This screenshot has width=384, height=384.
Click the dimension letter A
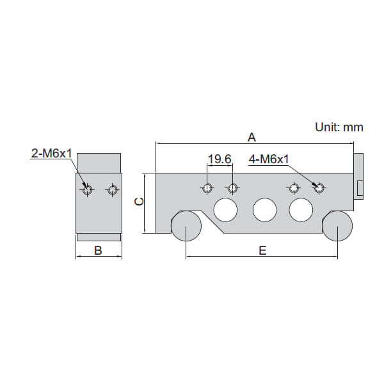252,137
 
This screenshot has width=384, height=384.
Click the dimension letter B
98,250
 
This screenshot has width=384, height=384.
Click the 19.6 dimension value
220,159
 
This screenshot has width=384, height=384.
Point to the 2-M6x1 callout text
51,154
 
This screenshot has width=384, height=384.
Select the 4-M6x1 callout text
269,159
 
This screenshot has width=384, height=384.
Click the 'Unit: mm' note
339,127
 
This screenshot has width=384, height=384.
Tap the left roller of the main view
186,227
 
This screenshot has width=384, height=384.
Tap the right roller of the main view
337,227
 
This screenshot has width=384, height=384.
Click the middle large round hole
264,209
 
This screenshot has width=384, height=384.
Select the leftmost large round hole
225,209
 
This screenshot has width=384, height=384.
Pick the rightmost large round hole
301,209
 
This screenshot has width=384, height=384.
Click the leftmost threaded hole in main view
207,188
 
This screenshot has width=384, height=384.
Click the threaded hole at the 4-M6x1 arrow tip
318,188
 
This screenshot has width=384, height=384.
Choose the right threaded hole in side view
113,189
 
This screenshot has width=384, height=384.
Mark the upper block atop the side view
99,163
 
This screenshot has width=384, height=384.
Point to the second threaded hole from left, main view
232,188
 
